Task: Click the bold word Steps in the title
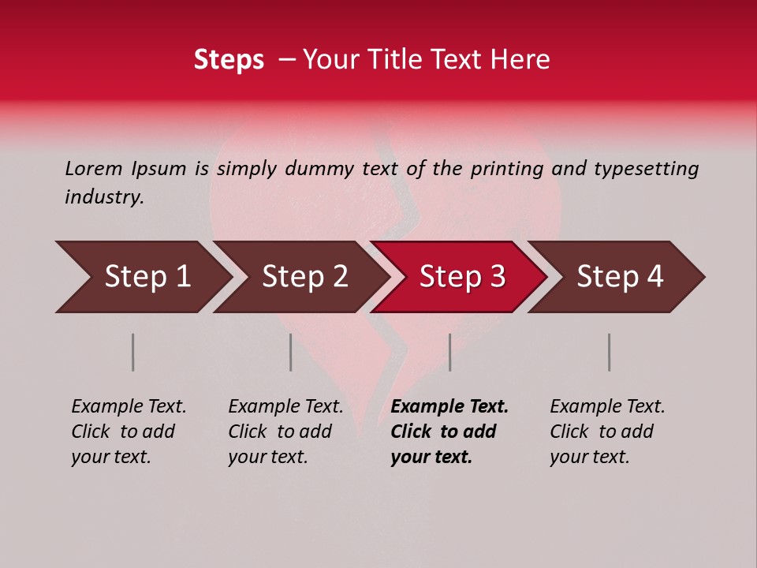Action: point(229,60)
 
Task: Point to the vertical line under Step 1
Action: point(133,352)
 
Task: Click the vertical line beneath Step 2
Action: point(291,352)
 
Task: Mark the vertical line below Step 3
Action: point(450,352)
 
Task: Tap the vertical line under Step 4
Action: point(609,352)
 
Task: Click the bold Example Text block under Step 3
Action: point(449,432)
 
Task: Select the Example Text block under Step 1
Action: point(129,432)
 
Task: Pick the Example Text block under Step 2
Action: point(285,432)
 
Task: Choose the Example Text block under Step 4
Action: point(607,432)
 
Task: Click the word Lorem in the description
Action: point(94,168)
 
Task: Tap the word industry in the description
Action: point(104,197)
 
